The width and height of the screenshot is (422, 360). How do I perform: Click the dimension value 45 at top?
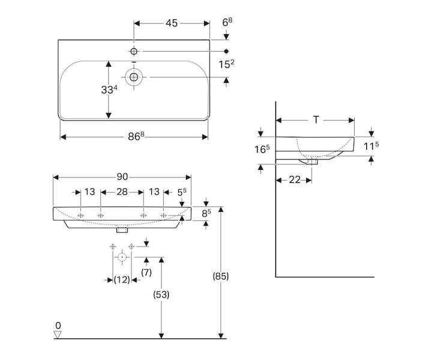(172, 23)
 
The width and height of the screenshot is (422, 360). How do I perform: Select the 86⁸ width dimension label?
(136, 136)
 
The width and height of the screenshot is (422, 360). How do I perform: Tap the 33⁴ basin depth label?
(109, 89)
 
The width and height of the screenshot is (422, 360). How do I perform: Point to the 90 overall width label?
(122, 177)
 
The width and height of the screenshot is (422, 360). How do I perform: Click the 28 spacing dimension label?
(122, 192)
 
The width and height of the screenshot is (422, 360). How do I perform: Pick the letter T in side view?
(316, 120)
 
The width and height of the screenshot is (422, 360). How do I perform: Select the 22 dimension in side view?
(294, 180)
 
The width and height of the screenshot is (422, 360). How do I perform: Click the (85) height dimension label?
(221, 276)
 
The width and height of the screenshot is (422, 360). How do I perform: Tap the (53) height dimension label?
(161, 295)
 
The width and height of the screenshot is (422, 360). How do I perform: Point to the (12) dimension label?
(122, 280)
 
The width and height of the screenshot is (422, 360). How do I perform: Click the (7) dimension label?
(146, 272)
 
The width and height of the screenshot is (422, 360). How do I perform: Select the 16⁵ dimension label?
(262, 149)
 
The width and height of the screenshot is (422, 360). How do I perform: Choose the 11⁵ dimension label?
(371, 146)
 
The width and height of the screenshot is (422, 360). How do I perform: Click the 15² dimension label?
(226, 64)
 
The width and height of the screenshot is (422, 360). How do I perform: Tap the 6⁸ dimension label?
(227, 22)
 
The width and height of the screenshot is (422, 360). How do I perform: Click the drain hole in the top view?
(134, 77)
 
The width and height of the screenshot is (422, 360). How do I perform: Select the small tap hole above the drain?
(134, 51)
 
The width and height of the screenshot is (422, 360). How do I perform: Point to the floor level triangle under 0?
(58, 334)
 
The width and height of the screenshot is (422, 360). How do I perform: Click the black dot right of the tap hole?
(226, 51)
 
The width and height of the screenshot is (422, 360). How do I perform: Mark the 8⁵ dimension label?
(206, 214)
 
